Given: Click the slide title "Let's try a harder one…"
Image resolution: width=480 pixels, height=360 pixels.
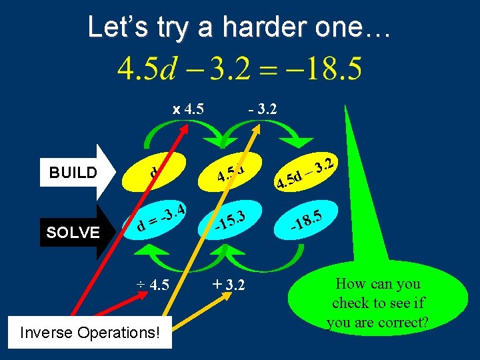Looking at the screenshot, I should tap(239, 27).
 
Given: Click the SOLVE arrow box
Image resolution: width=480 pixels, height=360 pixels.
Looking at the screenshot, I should tap(73, 232).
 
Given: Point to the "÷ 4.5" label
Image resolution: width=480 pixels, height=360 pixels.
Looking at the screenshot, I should tap(153, 285).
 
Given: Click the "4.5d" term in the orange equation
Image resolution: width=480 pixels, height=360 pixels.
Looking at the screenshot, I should tap(146, 69).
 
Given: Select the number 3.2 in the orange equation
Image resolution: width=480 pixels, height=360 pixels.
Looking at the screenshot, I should tap(213, 69).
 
